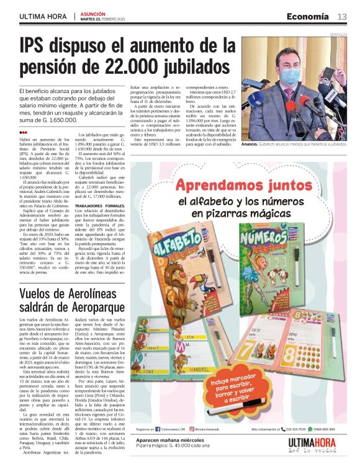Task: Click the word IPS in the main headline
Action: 35,46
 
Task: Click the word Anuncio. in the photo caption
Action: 250,144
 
